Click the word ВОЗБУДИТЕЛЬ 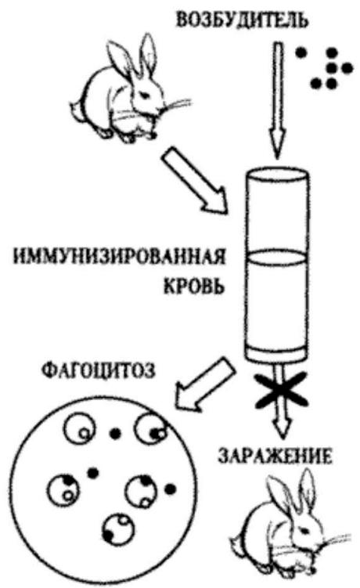243,20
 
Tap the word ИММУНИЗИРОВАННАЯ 120,258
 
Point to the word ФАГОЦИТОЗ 98,371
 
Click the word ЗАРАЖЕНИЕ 275,456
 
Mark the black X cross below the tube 281,391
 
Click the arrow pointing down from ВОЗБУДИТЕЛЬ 278,99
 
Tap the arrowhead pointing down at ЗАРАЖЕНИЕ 282,427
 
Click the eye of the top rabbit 144,96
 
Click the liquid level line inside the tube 278,258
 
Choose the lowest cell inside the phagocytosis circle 119,529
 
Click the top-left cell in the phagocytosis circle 80,428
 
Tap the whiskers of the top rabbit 175,106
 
